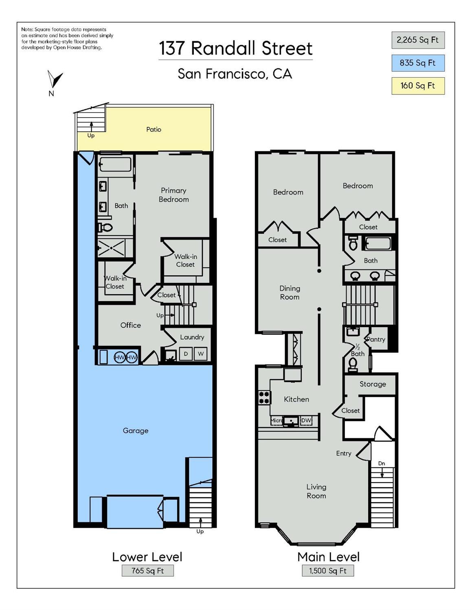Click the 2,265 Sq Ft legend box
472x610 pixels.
pos(418,40)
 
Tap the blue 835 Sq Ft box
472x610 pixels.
pos(418,63)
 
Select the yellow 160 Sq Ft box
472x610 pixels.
pos(418,85)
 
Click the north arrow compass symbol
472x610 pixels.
pos(55,79)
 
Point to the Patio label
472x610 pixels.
pos(154,129)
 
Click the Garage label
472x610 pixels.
pos(136,431)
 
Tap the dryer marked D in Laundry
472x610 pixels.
pos(186,354)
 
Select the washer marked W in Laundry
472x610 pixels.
pos(201,354)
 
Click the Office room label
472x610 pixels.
pos(131,325)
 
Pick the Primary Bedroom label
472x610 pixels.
pos(173,195)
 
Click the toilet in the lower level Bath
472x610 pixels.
pos(105,227)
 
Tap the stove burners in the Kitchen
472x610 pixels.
pos(264,398)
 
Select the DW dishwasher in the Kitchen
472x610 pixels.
pos(306,420)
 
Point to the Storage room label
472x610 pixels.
pos(373,384)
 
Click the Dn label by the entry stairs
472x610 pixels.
pos(382,464)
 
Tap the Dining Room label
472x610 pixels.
pos(290,293)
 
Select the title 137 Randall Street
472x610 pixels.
pos(236,48)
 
